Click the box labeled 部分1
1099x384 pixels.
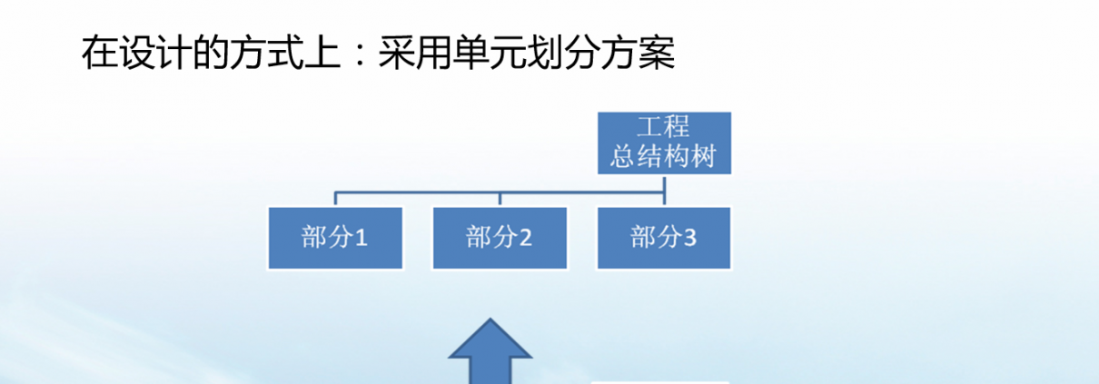pyautogui.click(x=335, y=239)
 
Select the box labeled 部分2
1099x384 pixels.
pyautogui.click(x=500, y=239)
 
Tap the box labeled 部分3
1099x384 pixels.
pyautogui.click(x=664, y=239)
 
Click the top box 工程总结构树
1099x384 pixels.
pyautogui.click(x=664, y=143)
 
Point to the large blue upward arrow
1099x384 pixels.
pyautogui.click(x=490, y=351)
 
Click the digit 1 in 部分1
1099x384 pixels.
pyautogui.click(x=361, y=238)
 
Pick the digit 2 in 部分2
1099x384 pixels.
pyautogui.click(x=525, y=238)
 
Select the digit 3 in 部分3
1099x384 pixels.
pyautogui.click(x=689, y=238)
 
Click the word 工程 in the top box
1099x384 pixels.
pyautogui.click(x=663, y=126)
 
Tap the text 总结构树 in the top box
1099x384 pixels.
pyautogui.click(x=663, y=156)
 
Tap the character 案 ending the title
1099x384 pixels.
pyautogui.click(x=657, y=53)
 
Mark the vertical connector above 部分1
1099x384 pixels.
pyautogui.click(x=335, y=199)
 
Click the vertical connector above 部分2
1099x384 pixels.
pyautogui.click(x=500, y=199)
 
